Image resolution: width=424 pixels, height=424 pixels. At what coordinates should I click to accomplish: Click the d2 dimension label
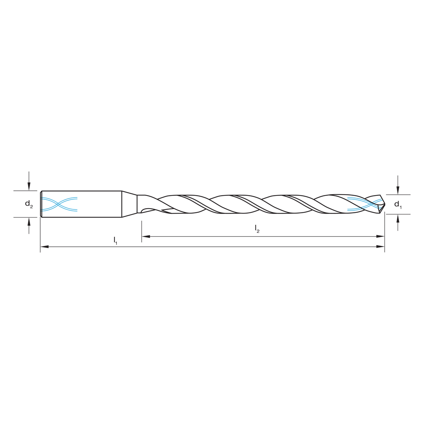(x=28, y=204)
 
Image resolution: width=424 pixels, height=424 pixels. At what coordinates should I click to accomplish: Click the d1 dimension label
(x=398, y=204)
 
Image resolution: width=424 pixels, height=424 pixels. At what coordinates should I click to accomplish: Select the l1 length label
(x=115, y=240)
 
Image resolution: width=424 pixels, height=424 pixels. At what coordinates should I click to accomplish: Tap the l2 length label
(x=257, y=229)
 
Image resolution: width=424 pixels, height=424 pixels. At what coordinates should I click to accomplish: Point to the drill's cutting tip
(x=383, y=204)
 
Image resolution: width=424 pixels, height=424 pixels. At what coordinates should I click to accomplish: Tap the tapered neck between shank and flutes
(x=129, y=204)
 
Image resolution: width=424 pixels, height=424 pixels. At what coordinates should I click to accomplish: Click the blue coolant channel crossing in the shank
(x=59, y=204)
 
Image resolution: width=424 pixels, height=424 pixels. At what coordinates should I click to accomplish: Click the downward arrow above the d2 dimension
(x=29, y=186)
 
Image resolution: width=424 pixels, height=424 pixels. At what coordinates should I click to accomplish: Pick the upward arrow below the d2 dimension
(x=29, y=222)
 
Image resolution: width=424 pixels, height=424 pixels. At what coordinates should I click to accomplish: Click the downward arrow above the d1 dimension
(x=398, y=190)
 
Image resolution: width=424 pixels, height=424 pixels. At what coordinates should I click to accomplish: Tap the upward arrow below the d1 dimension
(x=398, y=219)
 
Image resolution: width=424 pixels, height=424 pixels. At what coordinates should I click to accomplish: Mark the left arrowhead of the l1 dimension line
(x=44, y=246)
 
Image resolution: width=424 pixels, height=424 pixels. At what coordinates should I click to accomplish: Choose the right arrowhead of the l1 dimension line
(x=381, y=246)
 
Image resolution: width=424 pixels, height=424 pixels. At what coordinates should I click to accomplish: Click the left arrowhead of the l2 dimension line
(x=145, y=236)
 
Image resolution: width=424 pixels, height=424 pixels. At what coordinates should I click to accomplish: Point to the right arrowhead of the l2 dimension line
(x=381, y=236)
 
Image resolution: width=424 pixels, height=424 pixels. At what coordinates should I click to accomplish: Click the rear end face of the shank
(x=41, y=204)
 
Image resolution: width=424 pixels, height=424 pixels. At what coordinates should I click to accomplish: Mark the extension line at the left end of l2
(x=142, y=231)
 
